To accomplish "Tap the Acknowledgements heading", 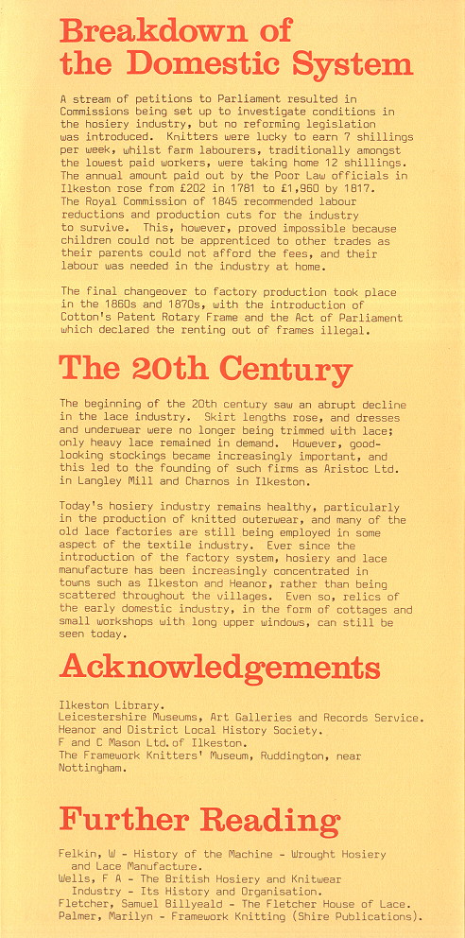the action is (219, 668).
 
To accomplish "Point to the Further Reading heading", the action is (199, 819).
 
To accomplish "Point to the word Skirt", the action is (235, 416).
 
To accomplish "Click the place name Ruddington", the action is (336, 756).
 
